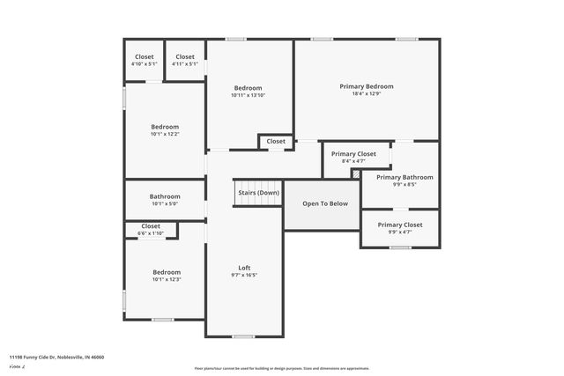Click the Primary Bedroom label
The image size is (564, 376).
pyautogui.click(x=367, y=86)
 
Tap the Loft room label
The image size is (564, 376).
pyautogui.click(x=244, y=268)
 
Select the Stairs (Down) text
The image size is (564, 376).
pyautogui.click(x=257, y=192)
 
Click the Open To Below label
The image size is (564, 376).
pyautogui.click(x=325, y=203)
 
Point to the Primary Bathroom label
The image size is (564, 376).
pyautogui.click(x=404, y=177)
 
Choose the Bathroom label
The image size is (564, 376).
pyautogui.click(x=165, y=196)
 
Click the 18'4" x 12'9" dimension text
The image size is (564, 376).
pyautogui.click(x=367, y=94)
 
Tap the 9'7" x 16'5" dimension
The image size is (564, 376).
pyautogui.click(x=244, y=276)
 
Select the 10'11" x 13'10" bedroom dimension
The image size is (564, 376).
pyautogui.click(x=248, y=95)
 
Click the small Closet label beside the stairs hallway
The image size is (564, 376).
pyautogui.click(x=276, y=141)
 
